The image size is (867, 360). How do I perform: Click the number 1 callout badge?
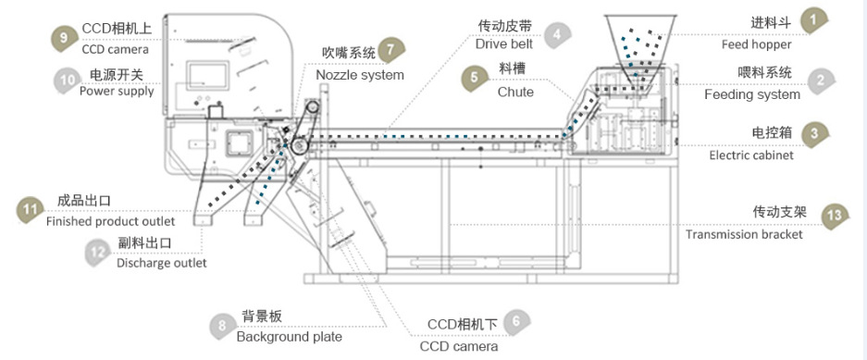813,21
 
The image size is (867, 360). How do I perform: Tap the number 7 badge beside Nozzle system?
390,49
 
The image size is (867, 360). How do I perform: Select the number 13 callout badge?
835,215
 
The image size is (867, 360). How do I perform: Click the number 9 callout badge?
64,38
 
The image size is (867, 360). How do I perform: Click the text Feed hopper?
756,44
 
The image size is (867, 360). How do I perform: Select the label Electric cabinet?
751,155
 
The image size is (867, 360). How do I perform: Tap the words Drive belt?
504,43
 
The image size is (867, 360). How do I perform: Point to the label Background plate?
290,336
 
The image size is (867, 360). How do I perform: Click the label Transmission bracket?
744,234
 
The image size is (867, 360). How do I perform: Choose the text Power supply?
117,91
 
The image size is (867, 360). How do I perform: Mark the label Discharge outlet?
161,263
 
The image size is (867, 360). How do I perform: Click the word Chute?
516,92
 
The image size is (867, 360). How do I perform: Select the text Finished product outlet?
111,221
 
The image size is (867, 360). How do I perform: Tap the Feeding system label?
752,94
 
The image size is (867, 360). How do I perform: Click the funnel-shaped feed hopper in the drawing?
641,42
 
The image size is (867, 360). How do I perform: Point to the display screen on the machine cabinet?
207,76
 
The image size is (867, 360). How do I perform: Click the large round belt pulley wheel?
300,145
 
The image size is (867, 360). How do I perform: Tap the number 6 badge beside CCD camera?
516,322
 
